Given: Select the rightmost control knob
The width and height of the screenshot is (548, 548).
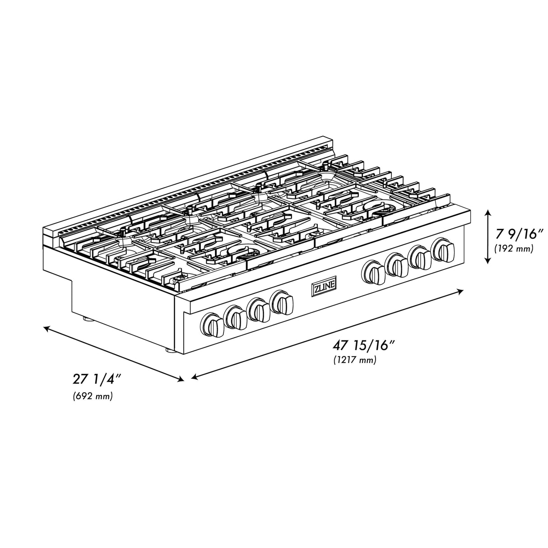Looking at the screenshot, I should tap(444, 251).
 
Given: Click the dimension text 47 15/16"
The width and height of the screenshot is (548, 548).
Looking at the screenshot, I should tap(364, 346).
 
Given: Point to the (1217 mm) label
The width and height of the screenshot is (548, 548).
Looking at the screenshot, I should tap(355, 360).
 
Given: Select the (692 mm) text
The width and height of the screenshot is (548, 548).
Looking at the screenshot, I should tap(93, 396).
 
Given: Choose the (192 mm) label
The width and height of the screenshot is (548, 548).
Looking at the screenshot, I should tap(514, 248).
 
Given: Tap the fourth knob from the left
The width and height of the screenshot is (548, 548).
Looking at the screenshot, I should tap(282, 302).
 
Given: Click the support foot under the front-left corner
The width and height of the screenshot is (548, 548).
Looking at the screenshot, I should tap(169, 350).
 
